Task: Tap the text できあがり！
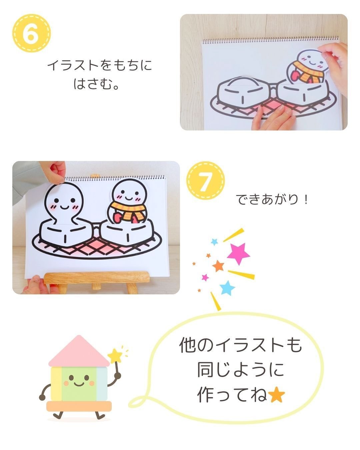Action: click(x=272, y=200)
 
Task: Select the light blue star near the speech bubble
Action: click(x=227, y=288)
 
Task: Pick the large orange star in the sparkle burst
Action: click(x=218, y=266)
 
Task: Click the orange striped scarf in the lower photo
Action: click(x=129, y=210)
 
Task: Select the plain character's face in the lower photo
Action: click(x=63, y=203)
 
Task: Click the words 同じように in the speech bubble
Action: click(x=240, y=370)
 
